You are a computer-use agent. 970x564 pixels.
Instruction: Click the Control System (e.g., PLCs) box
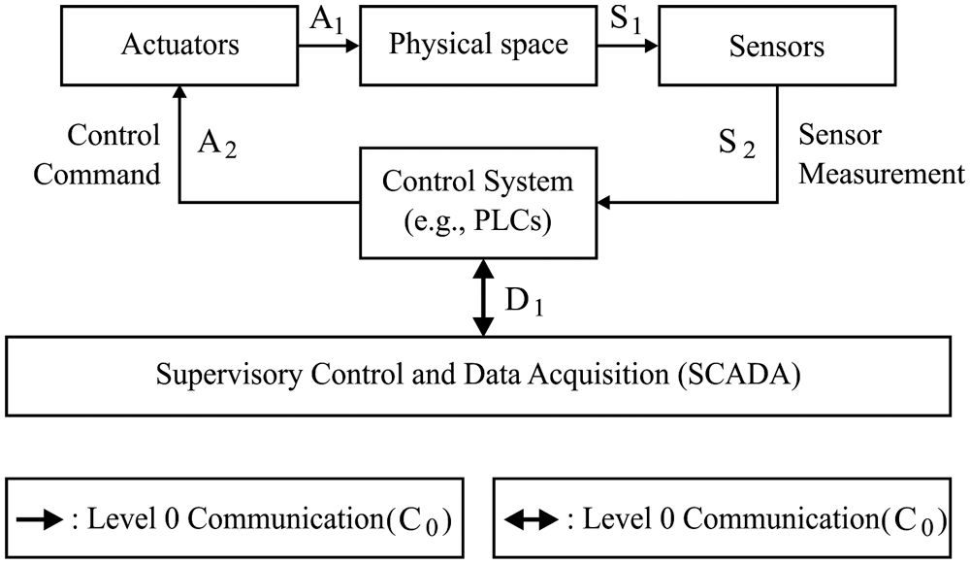pyautogui.click(x=477, y=203)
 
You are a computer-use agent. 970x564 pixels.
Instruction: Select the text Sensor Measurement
pyautogui.click(x=881, y=155)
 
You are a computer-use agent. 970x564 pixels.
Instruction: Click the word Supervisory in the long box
pyautogui.click(x=211, y=375)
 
